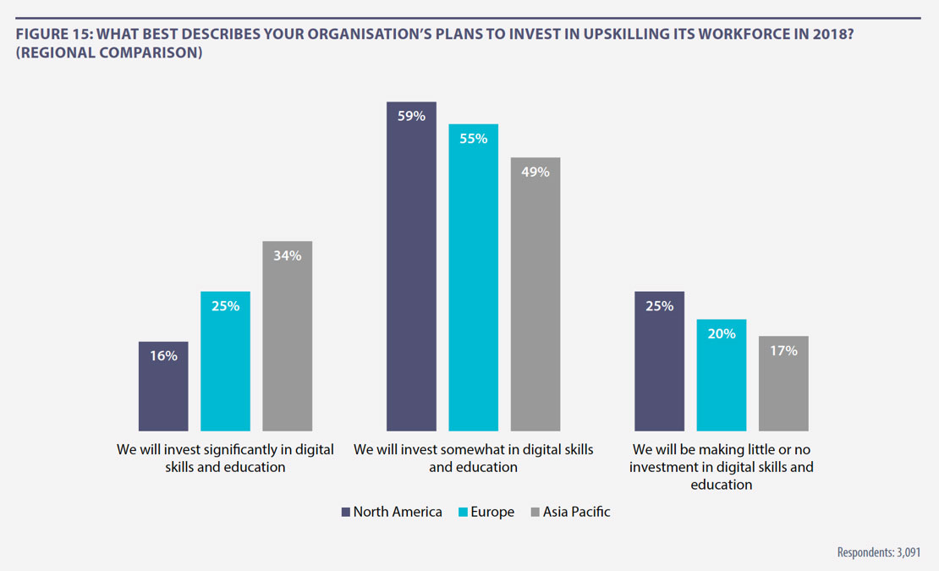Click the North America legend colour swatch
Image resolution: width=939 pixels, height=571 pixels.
pyautogui.click(x=345, y=512)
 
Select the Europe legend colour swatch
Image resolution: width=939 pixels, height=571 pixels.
pyautogui.click(x=462, y=512)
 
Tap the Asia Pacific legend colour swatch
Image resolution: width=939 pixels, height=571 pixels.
pyautogui.click(x=535, y=512)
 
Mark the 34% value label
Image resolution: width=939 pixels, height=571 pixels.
pyautogui.click(x=288, y=255)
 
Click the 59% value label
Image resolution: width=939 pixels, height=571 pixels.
pyautogui.click(x=411, y=116)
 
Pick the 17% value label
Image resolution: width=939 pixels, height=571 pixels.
pyautogui.click(x=783, y=350)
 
